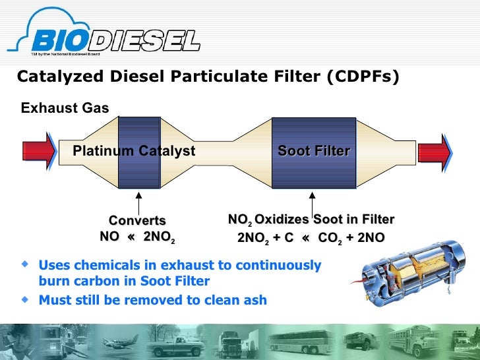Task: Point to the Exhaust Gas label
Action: (65, 108)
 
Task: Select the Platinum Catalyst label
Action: (134, 151)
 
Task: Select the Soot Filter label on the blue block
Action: (314, 151)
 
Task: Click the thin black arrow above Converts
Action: (139, 202)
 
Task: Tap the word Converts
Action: (136, 221)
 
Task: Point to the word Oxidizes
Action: (283, 220)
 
